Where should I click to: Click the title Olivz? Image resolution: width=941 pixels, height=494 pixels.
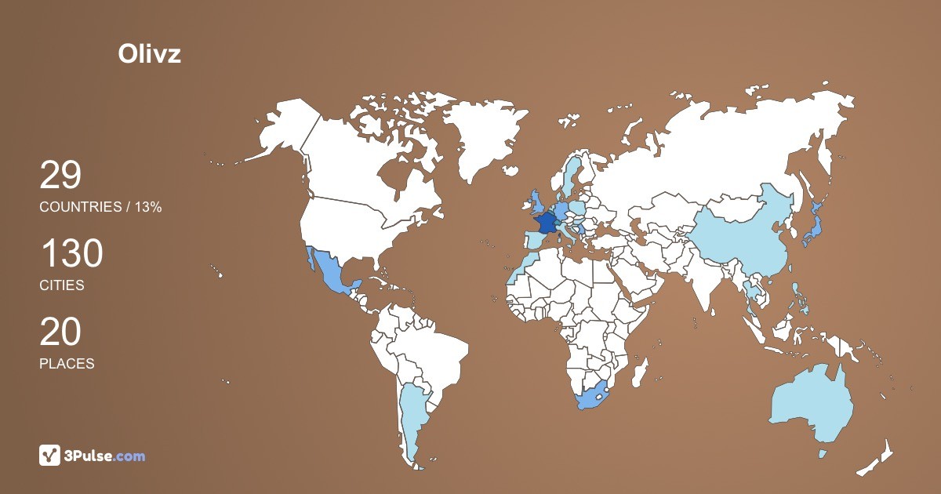coord(149,53)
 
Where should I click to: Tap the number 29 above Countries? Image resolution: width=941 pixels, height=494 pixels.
coord(60,176)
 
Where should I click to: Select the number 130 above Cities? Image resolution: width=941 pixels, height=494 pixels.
coord(71,255)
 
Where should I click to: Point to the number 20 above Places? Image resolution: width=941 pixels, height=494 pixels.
coord(60,332)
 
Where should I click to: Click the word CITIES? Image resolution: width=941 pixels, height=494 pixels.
coord(62,285)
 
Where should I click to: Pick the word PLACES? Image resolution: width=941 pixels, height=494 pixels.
coord(67,364)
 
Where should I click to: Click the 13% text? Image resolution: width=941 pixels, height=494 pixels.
coord(148,207)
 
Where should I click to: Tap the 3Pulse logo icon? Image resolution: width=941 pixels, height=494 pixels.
coord(50,456)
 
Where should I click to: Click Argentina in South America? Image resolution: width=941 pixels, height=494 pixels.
coord(412,416)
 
